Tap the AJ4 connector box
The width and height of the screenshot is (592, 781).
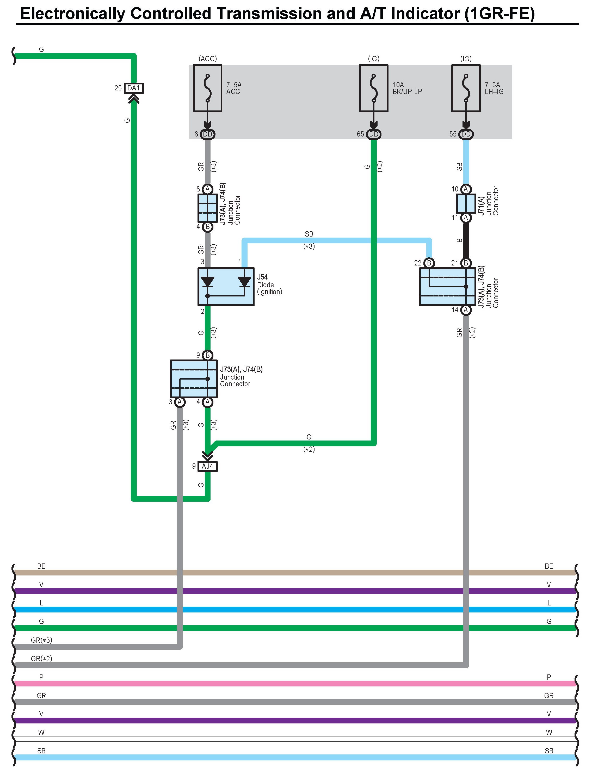(207, 466)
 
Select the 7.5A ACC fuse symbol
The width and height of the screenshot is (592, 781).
(207, 88)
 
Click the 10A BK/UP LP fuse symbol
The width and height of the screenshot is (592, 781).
(374, 88)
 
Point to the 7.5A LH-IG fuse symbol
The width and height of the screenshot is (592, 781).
(466, 88)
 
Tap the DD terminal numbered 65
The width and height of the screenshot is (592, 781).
(374, 134)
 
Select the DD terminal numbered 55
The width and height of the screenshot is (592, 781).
(466, 134)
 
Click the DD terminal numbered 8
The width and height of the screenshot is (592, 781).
(207, 134)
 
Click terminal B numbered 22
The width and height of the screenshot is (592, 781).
(429, 263)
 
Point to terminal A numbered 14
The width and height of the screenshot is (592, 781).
(466, 310)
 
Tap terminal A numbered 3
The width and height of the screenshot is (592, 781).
(180, 402)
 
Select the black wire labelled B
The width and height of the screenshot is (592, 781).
(466, 240)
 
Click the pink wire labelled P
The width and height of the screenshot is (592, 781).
(295, 684)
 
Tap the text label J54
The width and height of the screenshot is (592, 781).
(262, 277)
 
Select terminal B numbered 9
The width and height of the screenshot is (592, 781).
(207, 355)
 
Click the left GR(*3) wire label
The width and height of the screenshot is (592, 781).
(41, 640)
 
